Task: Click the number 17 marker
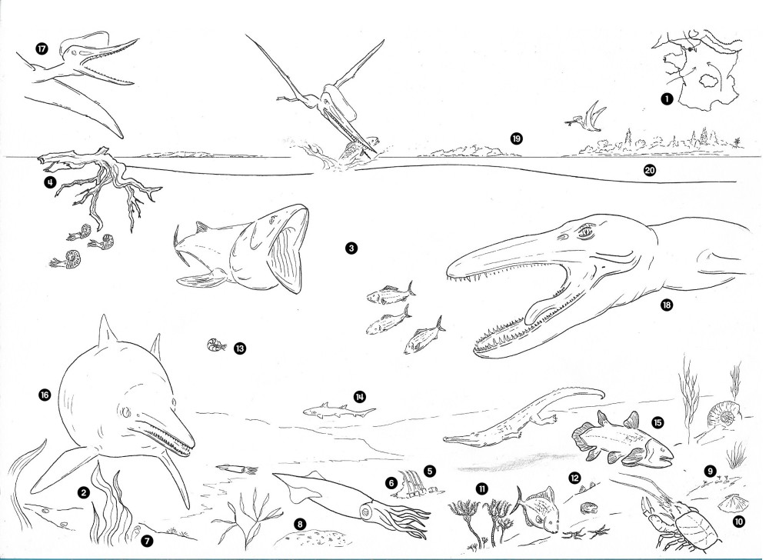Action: pyautogui.click(x=42, y=48)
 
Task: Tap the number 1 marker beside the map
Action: pyautogui.click(x=666, y=99)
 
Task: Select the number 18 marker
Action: pyautogui.click(x=666, y=305)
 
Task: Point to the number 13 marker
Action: pyautogui.click(x=240, y=348)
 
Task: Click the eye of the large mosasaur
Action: pyautogui.click(x=585, y=232)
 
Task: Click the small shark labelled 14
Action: pyautogui.click(x=338, y=411)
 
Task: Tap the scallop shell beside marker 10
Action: pyautogui.click(x=727, y=502)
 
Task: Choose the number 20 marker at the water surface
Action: pyautogui.click(x=650, y=170)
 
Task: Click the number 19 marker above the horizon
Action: pyautogui.click(x=516, y=138)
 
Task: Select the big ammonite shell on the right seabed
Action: pyautogui.click(x=722, y=414)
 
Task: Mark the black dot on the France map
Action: pyautogui.click(x=691, y=49)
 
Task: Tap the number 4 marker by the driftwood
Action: pyautogui.click(x=49, y=182)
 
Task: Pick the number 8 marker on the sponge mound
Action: pyautogui.click(x=300, y=524)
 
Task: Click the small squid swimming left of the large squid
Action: pyautogui.click(x=237, y=469)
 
